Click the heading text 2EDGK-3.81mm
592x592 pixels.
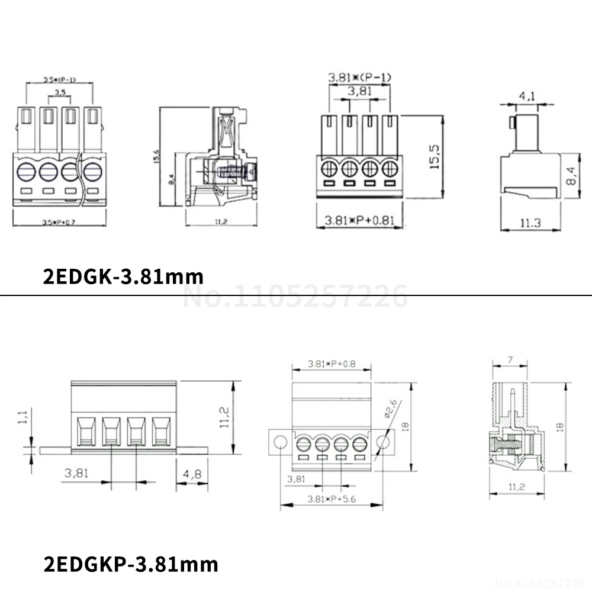(x=123, y=276)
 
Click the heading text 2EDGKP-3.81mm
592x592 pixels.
(x=131, y=564)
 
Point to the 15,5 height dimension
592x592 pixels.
(x=434, y=156)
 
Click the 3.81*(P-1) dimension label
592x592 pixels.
(x=359, y=77)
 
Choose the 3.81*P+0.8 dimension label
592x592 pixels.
(x=331, y=364)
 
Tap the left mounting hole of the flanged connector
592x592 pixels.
(x=281, y=442)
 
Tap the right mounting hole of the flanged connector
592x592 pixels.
(x=382, y=442)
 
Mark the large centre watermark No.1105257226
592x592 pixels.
(x=296, y=296)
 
